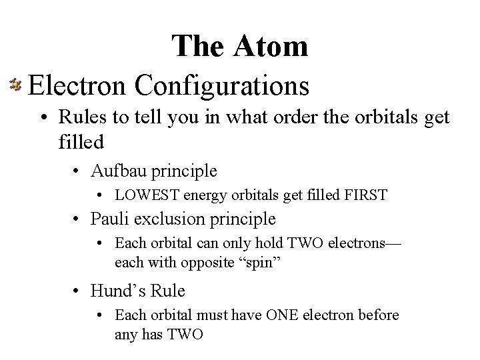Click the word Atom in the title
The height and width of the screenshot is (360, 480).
271,46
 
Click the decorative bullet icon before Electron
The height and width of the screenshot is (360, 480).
15,85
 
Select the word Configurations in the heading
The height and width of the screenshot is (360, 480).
223,86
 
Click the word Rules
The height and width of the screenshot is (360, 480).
78,117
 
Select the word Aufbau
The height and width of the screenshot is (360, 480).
117,171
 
